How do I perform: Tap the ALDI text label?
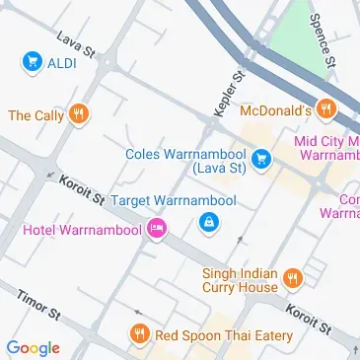click(x=62, y=63)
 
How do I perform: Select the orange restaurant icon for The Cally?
click(x=79, y=115)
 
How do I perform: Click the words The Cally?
click(x=36, y=115)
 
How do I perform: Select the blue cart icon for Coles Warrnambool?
click(x=261, y=158)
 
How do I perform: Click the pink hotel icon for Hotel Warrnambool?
click(x=157, y=231)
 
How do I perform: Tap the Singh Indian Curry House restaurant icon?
click(x=292, y=279)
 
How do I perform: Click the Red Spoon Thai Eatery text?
click(x=224, y=335)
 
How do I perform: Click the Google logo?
click(x=33, y=347)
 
